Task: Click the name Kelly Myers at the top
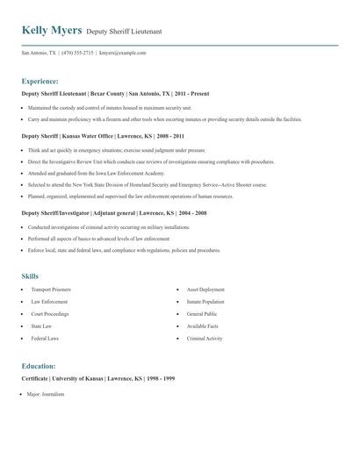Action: tap(52, 31)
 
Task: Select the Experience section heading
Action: tap(40, 80)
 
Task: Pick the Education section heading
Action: tap(39, 365)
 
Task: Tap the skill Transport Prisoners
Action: tap(51, 290)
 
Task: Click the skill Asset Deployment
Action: tap(206, 290)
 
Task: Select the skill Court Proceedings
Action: tap(50, 313)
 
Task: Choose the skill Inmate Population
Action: tap(206, 302)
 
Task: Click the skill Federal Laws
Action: tap(46, 338)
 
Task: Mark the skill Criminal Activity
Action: tap(205, 338)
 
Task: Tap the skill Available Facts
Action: tap(204, 325)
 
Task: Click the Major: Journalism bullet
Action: tap(46, 394)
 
